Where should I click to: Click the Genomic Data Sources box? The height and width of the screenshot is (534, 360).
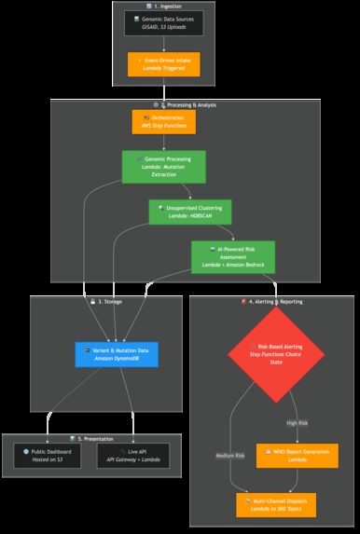pyautogui.click(x=163, y=23)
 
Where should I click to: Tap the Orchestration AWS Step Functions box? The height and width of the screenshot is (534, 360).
pyautogui.click(x=163, y=122)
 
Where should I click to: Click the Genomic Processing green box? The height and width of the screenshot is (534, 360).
pyautogui.click(x=163, y=167)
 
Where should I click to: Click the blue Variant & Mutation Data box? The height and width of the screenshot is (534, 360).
pyautogui.click(x=118, y=353)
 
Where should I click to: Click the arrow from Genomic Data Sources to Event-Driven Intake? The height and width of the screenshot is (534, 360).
pyautogui.click(x=163, y=43)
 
